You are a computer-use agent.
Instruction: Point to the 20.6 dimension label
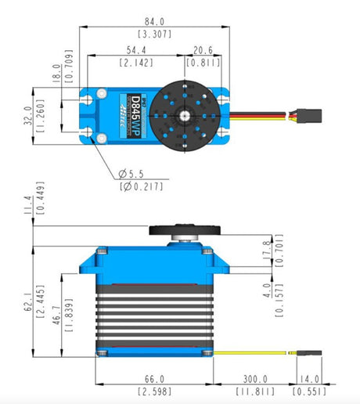[x=207, y=49]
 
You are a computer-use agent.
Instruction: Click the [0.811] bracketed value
[x=207, y=62]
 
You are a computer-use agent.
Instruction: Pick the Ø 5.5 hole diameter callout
[x=135, y=172]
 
